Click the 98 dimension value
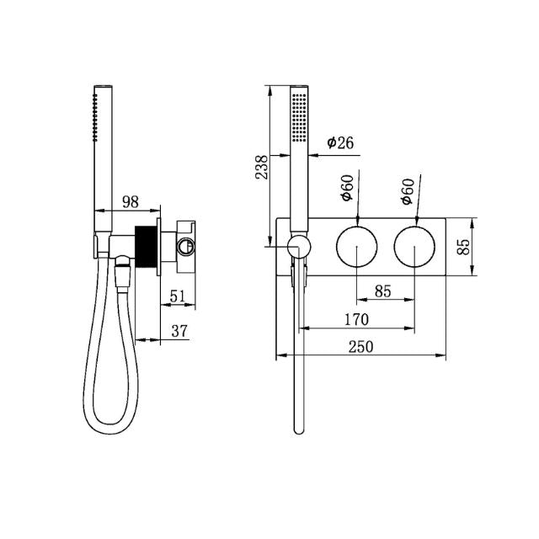pos(131,201)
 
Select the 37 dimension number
pos(179,331)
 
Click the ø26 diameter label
pos(339,142)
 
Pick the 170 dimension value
pos(356,319)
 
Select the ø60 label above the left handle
pos(346,191)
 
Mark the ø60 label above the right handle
pos(408,191)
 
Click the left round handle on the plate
pos(358,246)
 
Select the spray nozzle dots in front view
pos(297,118)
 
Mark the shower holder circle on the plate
pos(297,246)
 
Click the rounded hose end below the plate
pos(297,428)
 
